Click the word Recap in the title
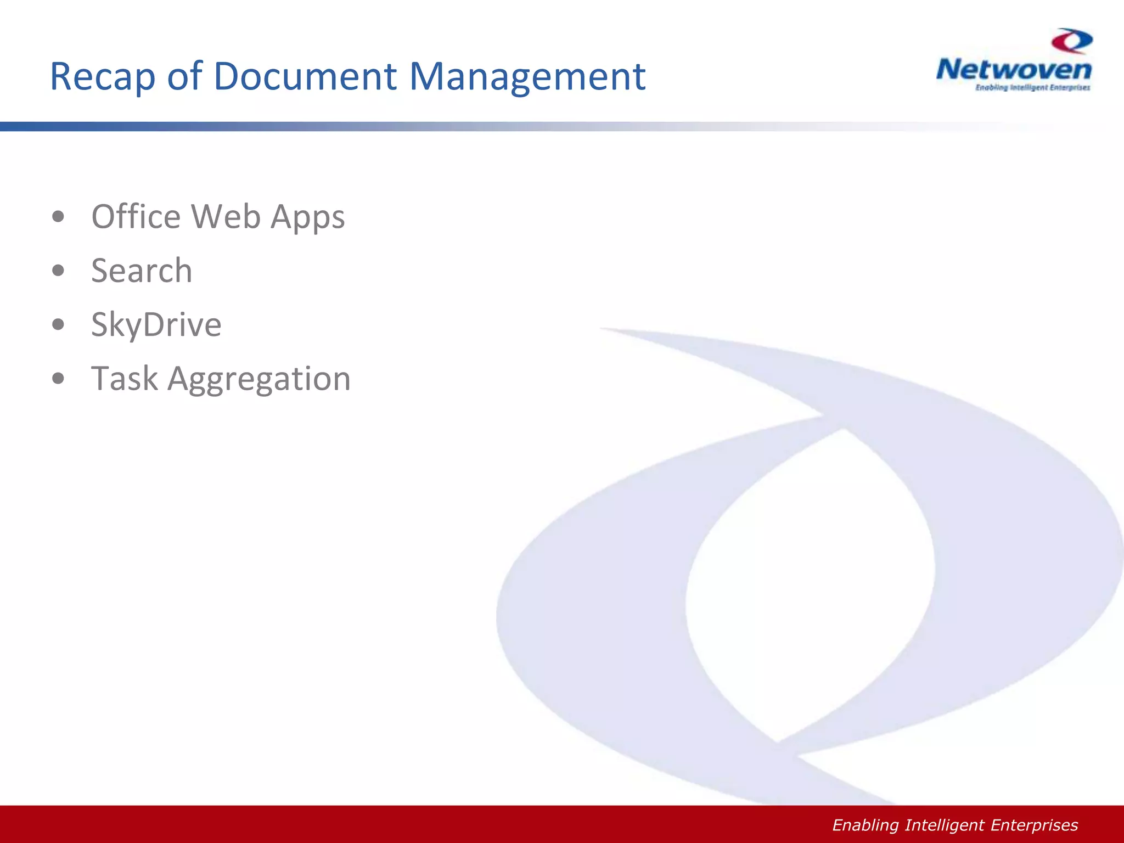tap(103, 77)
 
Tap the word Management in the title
tap(527, 77)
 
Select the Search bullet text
tap(142, 271)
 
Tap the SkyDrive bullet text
tap(156, 324)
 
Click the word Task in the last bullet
tap(125, 378)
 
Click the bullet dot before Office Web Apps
tap(58, 217)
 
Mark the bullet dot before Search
tap(58, 271)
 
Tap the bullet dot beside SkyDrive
tap(58, 324)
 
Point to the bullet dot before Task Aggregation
tap(58, 378)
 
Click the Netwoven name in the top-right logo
tap(1014, 70)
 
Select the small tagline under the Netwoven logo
tap(1032, 88)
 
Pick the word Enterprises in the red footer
tap(1034, 825)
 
